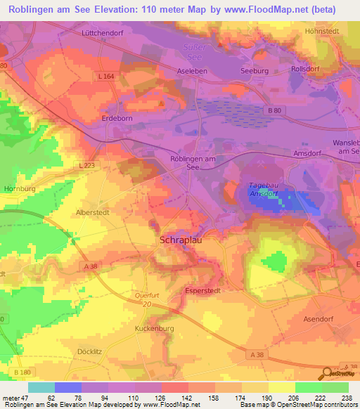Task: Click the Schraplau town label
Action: click(175, 239)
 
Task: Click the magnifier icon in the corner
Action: click(328, 373)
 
